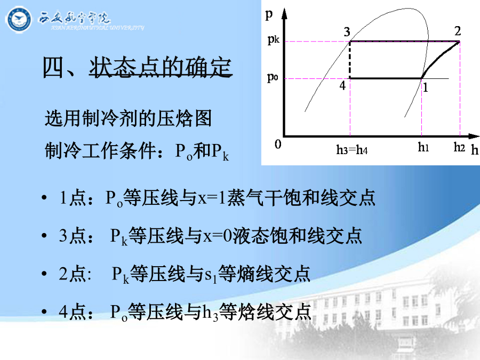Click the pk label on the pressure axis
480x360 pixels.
coord(274,40)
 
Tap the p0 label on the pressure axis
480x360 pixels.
coord(273,77)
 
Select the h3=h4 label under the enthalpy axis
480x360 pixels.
coord(352,150)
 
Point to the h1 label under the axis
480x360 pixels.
coord(423,147)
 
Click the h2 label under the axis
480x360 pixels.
coord(460,147)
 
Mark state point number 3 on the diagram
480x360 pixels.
coord(347,32)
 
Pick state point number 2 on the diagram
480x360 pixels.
coord(458,31)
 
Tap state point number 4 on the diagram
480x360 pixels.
coord(342,85)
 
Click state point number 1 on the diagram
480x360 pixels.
coord(425,88)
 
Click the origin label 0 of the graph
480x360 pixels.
coord(278,144)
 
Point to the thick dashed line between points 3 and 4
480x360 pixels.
coord(350,60)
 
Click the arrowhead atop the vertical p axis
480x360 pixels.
coord(284,14)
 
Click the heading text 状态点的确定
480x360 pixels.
coord(161,67)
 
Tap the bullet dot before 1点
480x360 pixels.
coord(44,198)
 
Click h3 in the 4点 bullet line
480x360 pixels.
coord(210,313)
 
